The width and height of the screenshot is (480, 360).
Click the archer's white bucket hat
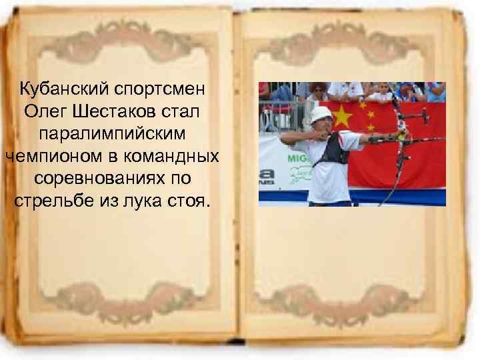(x=321, y=113)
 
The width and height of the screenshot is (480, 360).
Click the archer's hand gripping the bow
(x=401, y=137)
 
